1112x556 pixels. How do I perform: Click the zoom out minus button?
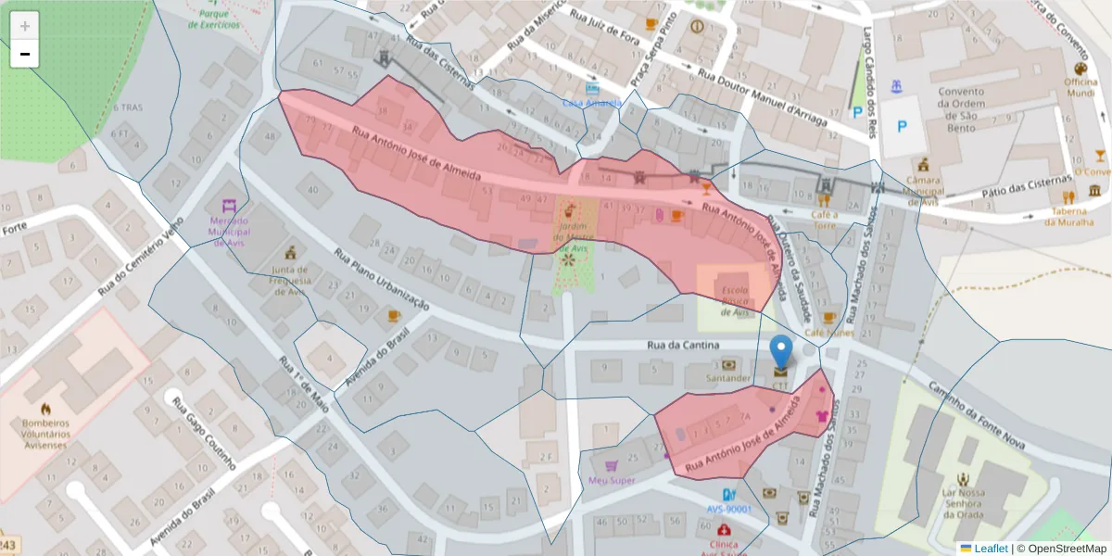(25, 55)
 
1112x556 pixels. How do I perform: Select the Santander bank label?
(727, 378)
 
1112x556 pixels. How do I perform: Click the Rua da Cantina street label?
(682, 346)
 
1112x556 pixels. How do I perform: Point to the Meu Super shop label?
(612, 480)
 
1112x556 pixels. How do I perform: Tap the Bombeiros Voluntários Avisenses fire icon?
(44, 409)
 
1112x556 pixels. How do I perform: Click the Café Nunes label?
(828, 332)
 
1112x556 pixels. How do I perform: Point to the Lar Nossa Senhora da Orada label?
(961, 503)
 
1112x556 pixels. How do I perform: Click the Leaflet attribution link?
(990, 548)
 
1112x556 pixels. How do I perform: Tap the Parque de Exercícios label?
(213, 19)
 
